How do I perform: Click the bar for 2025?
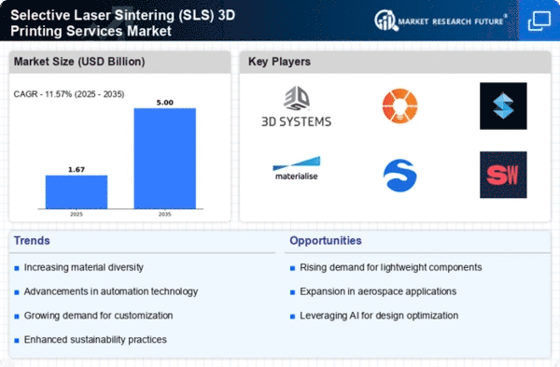coord(77,194)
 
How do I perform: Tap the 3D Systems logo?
coord(297,107)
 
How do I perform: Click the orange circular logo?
coord(399,105)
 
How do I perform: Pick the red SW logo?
coord(503,175)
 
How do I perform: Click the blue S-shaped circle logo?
coord(399,175)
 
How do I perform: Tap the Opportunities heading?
coord(327,242)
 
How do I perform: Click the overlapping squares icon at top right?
coord(538,21)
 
